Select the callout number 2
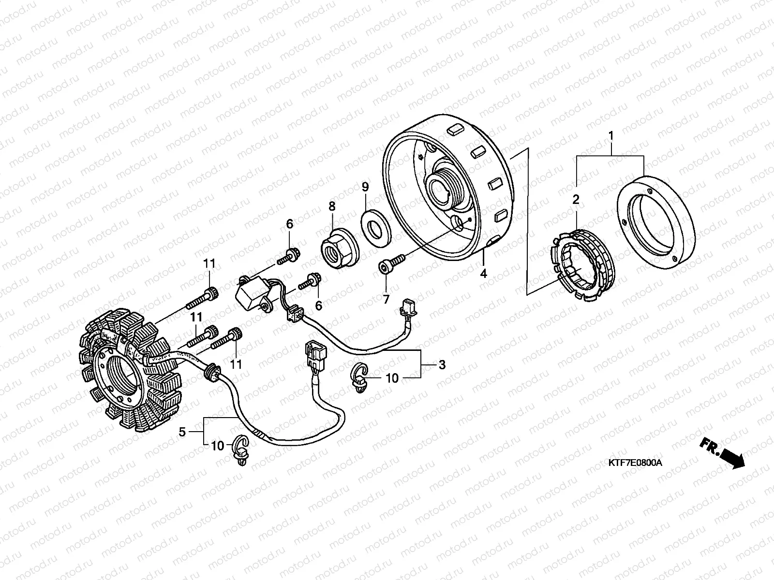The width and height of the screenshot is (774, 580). [576, 199]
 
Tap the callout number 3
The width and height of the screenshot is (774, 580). [442, 364]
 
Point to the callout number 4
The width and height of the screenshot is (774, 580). [483, 274]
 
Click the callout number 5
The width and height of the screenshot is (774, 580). [182, 432]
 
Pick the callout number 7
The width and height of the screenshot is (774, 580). [386, 300]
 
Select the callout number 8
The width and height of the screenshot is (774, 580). [331, 206]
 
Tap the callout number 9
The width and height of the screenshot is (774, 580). [365, 187]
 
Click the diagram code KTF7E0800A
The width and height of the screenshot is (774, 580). [635, 463]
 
